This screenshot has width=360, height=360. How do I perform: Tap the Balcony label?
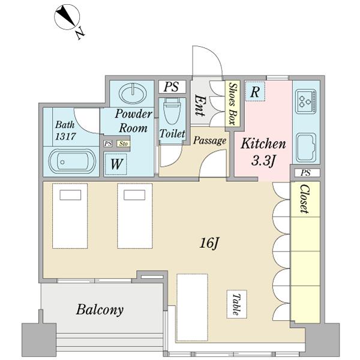(100, 310)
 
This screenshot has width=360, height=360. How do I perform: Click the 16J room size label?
(208, 243)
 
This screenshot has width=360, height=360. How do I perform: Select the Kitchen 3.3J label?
(262, 152)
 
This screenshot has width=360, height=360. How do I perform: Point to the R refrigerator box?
(255, 92)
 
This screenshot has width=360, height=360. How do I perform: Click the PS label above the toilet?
(171, 87)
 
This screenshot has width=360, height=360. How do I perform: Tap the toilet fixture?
(172, 112)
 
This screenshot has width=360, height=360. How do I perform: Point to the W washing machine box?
(116, 163)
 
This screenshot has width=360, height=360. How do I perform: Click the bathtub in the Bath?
(71, 162)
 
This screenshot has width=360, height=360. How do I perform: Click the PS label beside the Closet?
(306, 173)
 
